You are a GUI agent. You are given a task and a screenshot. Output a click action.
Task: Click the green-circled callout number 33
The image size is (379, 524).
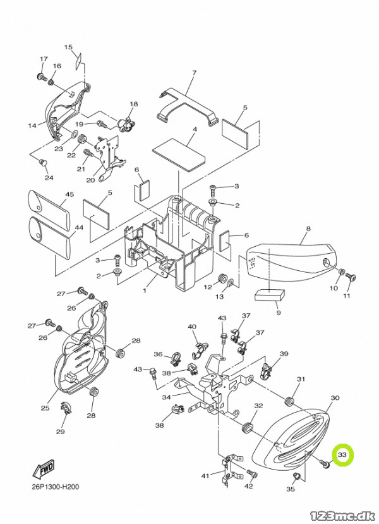coord(342,454)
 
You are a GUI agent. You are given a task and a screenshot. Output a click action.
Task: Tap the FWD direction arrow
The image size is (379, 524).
coord(43,469)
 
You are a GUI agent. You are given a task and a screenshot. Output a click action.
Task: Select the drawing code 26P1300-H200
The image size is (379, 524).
coord(56,487)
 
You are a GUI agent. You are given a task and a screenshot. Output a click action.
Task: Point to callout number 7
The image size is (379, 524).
coord(194,73)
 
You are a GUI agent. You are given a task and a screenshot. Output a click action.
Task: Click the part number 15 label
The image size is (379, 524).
coord(68,47)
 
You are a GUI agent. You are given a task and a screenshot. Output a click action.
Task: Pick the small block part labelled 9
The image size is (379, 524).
coord(270,295)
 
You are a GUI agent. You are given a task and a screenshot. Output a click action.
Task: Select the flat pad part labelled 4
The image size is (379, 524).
coord(180,154)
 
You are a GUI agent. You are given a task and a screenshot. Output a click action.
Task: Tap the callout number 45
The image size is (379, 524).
coord(69,194)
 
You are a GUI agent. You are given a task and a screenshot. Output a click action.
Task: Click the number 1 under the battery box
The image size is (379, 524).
coord(145,290)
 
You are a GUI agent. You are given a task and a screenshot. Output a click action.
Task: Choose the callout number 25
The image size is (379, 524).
coord(45,408)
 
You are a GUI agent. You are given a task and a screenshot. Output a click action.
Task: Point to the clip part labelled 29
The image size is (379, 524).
coord(64,408)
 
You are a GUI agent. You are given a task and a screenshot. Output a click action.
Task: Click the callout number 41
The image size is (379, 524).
coord(205,475)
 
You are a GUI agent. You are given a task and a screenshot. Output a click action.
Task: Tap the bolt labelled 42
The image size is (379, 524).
coord(252,473)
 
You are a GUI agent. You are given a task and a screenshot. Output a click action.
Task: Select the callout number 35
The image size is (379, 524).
coord(291,489)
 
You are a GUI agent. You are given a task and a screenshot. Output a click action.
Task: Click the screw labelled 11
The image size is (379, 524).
coord(350,277)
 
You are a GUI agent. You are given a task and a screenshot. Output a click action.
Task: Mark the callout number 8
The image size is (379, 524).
coord(308,228)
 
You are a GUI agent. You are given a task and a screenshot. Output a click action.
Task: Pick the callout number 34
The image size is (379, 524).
coord(167,397)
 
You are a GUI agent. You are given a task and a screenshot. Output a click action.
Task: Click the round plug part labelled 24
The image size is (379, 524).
coord(43,163)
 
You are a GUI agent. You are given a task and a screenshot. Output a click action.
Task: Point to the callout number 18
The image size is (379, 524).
coord(134,104)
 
